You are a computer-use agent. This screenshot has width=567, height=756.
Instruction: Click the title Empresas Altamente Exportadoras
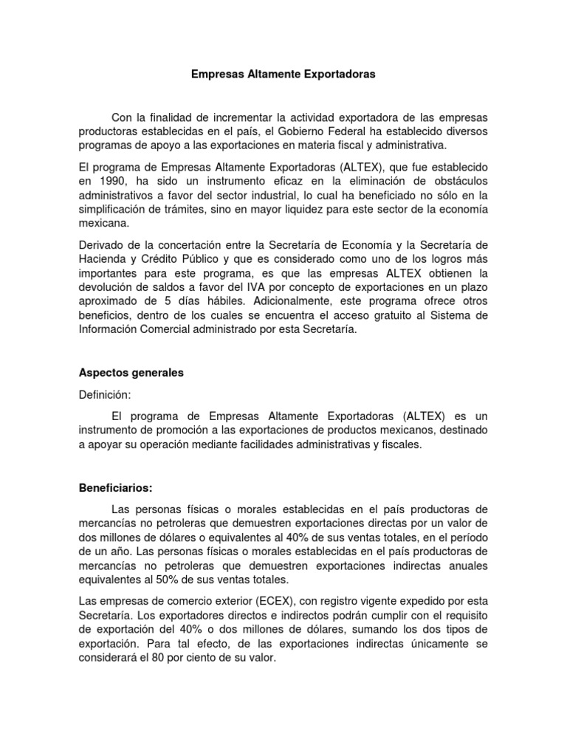[283, 75]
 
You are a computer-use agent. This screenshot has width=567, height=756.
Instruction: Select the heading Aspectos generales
[131, 373]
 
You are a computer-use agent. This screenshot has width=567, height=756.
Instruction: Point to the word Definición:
[105, 395]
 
